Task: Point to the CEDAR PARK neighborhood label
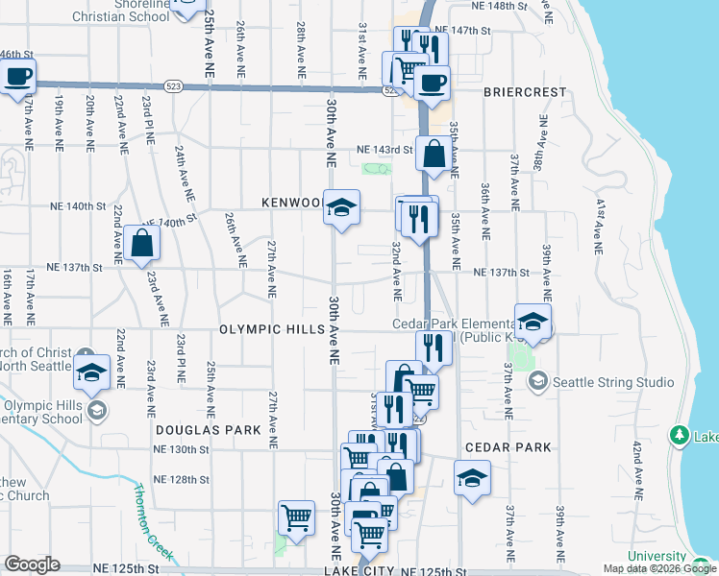[x=508, y=447]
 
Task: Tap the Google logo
[x=32, y=564]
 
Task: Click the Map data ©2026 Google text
[x=658, y=568]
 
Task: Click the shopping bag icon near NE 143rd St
[x=434, y=153]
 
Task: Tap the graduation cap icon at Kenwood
[x=340, y=207]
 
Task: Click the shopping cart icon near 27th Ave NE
[x=297, y=517]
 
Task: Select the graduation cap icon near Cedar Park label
[x=472, y=477]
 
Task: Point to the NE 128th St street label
[x=182, y=479]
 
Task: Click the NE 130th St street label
[x=182, y=449]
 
